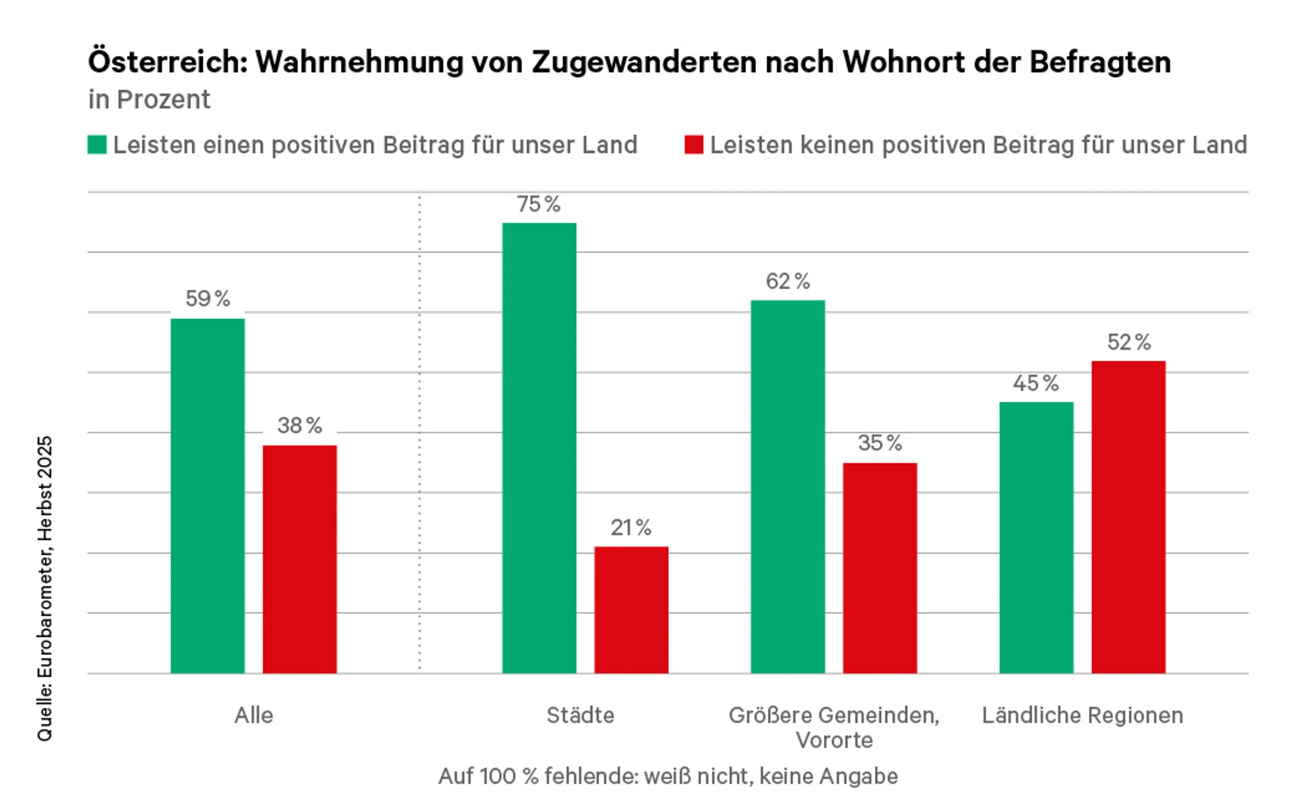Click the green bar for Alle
pyautogui.click(x=207, y=495)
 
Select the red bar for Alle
pyautogui.click(x=299, y=559)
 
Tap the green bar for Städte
pyautogui.click(x=539, y=448)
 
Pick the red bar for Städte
pyautogui.click(x=631, y=609)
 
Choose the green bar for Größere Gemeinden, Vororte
pyautogui.click(x=787, y=487)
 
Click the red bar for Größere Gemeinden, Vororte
pyautogui.click(x=879, y=567)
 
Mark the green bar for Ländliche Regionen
pyautogui.click(x=1036, y=537)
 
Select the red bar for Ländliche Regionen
pyautogui.click(x=1128, y=516)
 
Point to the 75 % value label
pyautogui.click(x=539, y=204)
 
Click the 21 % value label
pyautogui.click(x=631, y=528)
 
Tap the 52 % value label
pyautogui.click(x=1129, y=342)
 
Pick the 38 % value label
pyautogui.click(x=299, y=426)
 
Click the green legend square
pyautogui.click(x=97, y=145)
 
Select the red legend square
pyautogui.click(x=694, y=145)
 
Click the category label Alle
pyautogui.click(x=254, y=715)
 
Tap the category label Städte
pyautogui.click(x=580, y=715)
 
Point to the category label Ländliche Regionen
pyautogui.click(x=1083, y=715)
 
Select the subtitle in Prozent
pyautogui.click(x=149, y=100)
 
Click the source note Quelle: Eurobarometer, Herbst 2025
pyautogui.click(x=44, y=588)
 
